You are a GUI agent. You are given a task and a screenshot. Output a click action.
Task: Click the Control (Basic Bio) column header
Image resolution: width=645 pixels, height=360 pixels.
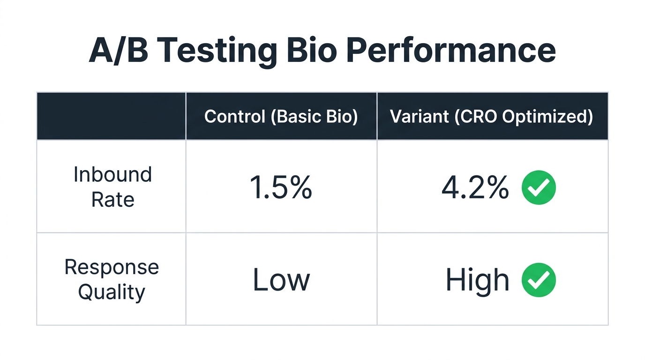pos(281,116)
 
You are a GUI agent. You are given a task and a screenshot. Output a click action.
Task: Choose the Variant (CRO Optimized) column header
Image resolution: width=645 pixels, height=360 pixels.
pos(492,116)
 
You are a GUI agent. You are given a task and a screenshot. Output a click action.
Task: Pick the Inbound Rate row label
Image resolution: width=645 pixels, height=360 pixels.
pos(112,187)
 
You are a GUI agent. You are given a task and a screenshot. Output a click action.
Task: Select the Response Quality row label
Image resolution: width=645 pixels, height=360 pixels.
pos(112,279)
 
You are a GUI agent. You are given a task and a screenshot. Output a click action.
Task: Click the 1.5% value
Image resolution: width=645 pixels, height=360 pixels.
pos(281,187)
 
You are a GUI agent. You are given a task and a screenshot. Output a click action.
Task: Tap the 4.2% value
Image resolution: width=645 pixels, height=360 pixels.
pos(475,187)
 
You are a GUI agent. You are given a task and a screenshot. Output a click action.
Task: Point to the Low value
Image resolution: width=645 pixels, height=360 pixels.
pos(281,280)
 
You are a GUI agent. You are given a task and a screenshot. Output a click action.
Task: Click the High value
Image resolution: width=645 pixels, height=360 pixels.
pos(477,280)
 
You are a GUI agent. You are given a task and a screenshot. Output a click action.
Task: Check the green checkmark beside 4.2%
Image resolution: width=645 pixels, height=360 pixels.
pos(539,187)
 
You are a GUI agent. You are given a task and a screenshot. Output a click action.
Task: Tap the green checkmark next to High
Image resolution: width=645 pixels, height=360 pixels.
pos(539,280)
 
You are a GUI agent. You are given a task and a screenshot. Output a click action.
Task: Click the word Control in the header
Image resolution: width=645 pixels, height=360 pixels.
pos(235,116)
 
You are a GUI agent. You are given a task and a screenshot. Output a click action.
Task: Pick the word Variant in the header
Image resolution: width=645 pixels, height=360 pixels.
pos(419,116)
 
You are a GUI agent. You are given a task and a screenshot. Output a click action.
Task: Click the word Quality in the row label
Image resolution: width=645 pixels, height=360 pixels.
pos(112,292)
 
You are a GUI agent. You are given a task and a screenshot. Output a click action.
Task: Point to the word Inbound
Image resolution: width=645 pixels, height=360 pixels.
pos(112,175)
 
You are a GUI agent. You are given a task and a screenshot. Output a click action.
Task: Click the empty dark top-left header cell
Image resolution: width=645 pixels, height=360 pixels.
pos(111,116)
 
